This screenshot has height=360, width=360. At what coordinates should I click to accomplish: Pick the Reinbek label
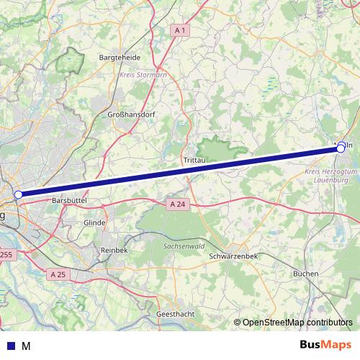[x=114, y=248]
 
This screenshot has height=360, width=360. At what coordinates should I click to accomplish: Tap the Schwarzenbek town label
[x=233, y=256]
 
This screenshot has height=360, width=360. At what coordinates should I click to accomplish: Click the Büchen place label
[x=306, y=274]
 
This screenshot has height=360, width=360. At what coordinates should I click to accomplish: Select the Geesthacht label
[x=174, y=315]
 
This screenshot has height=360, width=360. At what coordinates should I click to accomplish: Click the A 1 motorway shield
[x=180, y=30]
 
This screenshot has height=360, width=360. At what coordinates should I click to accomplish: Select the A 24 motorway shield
[x=178, y=204]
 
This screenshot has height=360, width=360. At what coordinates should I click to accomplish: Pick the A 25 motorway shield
[x=59, y=274]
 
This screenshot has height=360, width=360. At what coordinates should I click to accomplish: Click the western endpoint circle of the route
[x=18, y=194]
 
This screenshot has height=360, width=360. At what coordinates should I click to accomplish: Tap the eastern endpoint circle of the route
[x=341, y=148]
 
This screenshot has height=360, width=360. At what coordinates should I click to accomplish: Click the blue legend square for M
[x=11, y=346]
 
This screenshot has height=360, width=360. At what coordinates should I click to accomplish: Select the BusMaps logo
[x=325, y=345]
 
